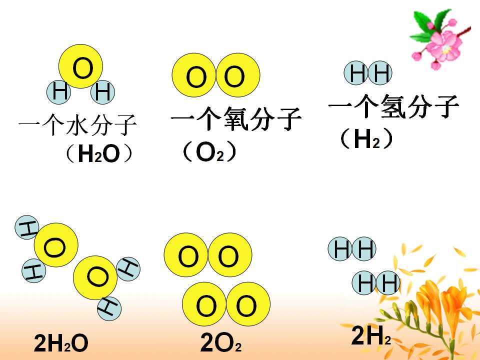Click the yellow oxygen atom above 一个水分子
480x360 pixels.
tap(80, 66)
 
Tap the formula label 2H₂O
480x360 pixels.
tap(61, 343)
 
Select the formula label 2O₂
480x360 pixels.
tap(220, 343)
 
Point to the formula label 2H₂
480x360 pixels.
tap(371, 335)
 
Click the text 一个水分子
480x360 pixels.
tap(77, 124)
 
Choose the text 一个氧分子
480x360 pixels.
tap(236, 118)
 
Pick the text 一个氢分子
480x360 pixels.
tap(393, 106)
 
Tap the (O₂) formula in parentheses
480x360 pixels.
tap(209, 152)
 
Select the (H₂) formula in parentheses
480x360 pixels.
tap(366, 138)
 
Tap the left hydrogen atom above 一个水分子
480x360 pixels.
tap(59, 92)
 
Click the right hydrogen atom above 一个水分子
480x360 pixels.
tap(103, 92)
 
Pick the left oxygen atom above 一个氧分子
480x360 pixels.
tap(194, 75)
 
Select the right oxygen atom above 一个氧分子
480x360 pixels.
tap(238, 75)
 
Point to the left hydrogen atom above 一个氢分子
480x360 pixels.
tap(355, 73)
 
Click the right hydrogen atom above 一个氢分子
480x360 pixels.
tap(380, 73)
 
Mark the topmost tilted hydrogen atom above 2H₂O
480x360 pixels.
tap(27, 227)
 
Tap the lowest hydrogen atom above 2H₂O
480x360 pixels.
tap(109, 308)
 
